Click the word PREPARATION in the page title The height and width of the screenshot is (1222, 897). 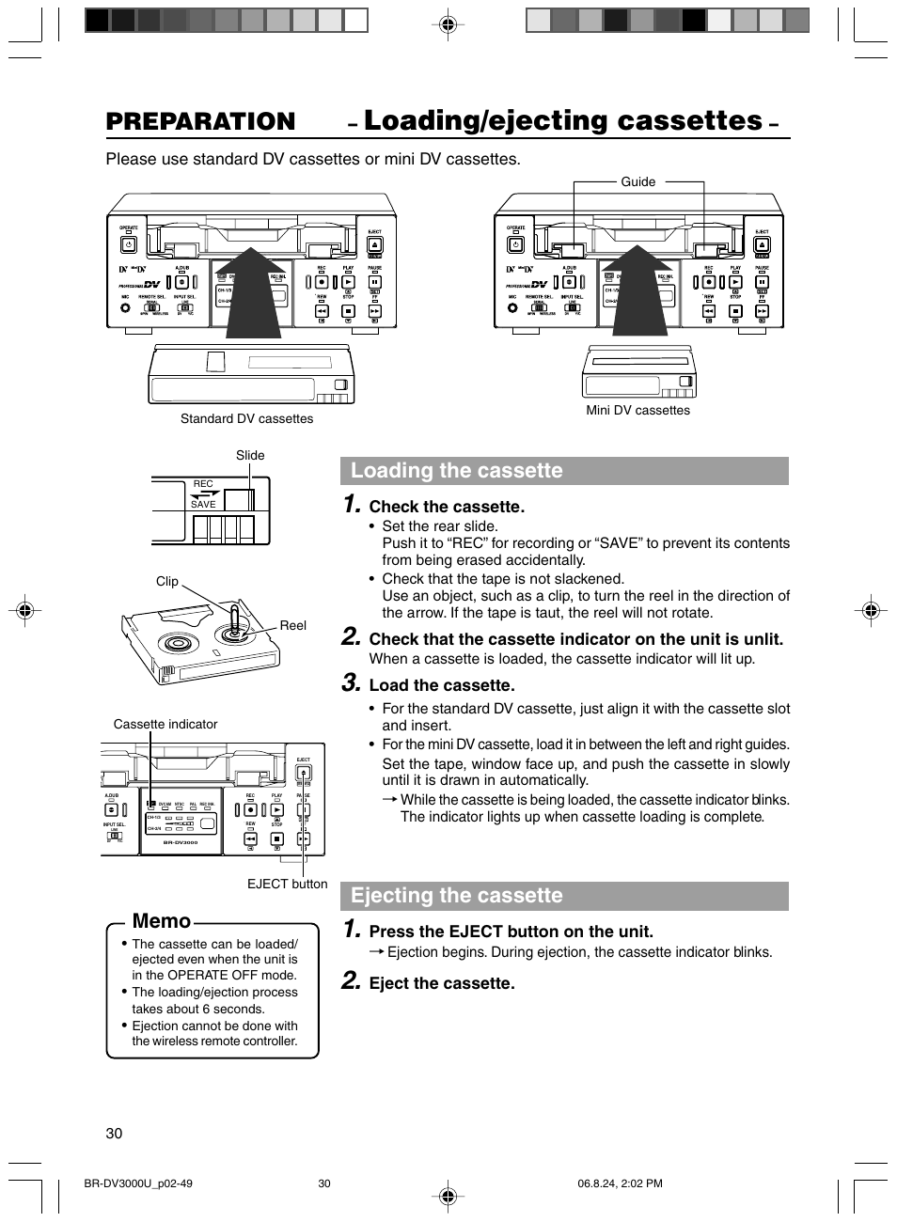pos(200,121)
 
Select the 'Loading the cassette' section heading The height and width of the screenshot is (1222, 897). pos(457,471)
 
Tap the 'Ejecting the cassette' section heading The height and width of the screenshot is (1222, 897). pos(457,896)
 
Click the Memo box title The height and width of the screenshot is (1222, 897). pos(162,921)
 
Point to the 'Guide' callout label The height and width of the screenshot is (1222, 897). pos(637,182)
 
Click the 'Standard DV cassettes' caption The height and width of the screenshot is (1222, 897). pos(246,419)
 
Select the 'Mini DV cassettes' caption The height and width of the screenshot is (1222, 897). pos(637,411)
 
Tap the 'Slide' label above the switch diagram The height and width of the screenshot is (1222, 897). pos(250,456)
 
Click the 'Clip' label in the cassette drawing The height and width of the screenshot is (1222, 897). pos(166,582)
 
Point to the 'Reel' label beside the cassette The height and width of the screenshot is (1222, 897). pos(292,626)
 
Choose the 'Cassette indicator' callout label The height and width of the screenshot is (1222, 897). pos(165,725)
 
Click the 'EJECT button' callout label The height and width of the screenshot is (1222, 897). pos(287,885)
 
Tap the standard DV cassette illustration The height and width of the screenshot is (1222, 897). pos(251,374)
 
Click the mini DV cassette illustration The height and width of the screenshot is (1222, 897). pos(639,372)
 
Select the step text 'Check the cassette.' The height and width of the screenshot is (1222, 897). pos(447,508)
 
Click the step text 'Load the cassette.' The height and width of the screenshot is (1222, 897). pos(442,686)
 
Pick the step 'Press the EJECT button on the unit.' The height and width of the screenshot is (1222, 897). pos(511,932)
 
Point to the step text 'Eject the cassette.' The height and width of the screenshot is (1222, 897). pos(442,984)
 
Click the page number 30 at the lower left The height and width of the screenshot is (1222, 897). pos(115,1134)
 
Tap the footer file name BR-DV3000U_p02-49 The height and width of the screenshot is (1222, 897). pos(138,1184)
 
